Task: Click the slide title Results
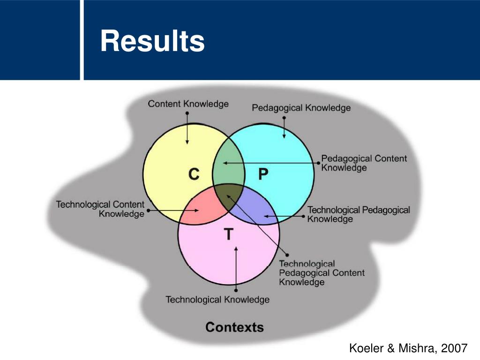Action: tap(152, 41)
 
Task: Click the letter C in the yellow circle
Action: tap(194, 175)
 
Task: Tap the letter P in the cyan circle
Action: tap(263, 175)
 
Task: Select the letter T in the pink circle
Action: tap(228, 234)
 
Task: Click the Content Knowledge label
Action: tap(188, 104)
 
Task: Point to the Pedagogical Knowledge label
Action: tap(301, 108)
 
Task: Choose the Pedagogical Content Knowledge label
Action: tap(364, 163)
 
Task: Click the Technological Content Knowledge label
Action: tap(100, 209)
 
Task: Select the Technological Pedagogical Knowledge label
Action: tap(358, 214)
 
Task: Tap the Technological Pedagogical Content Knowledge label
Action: tap(322, 273)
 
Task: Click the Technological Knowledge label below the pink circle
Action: tap(217, 299)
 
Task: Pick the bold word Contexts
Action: tap(234, 327)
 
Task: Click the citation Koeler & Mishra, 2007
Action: tap(408, 348)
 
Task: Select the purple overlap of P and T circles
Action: tap(255, 209)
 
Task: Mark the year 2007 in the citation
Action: tap(455, 348)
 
